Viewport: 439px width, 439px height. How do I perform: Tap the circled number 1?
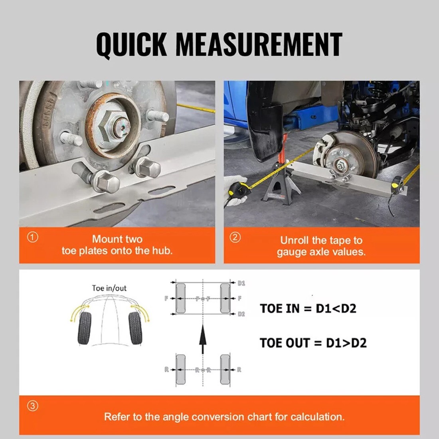tap(32, 237)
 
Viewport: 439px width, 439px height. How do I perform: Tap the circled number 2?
tap(235, 237)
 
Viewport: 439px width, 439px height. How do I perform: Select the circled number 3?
tap(32, 407)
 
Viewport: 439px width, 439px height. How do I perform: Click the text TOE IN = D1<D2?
tap(308, 308)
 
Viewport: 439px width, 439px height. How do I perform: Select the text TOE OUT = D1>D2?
tap(313, 343)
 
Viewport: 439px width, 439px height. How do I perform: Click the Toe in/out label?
tap(109, 288)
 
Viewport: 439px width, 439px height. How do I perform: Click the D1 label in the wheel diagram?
tap(241, 283)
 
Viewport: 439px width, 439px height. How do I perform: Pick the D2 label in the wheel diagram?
tap(241, 314)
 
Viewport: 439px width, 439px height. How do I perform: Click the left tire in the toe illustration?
tap(84, 328)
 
